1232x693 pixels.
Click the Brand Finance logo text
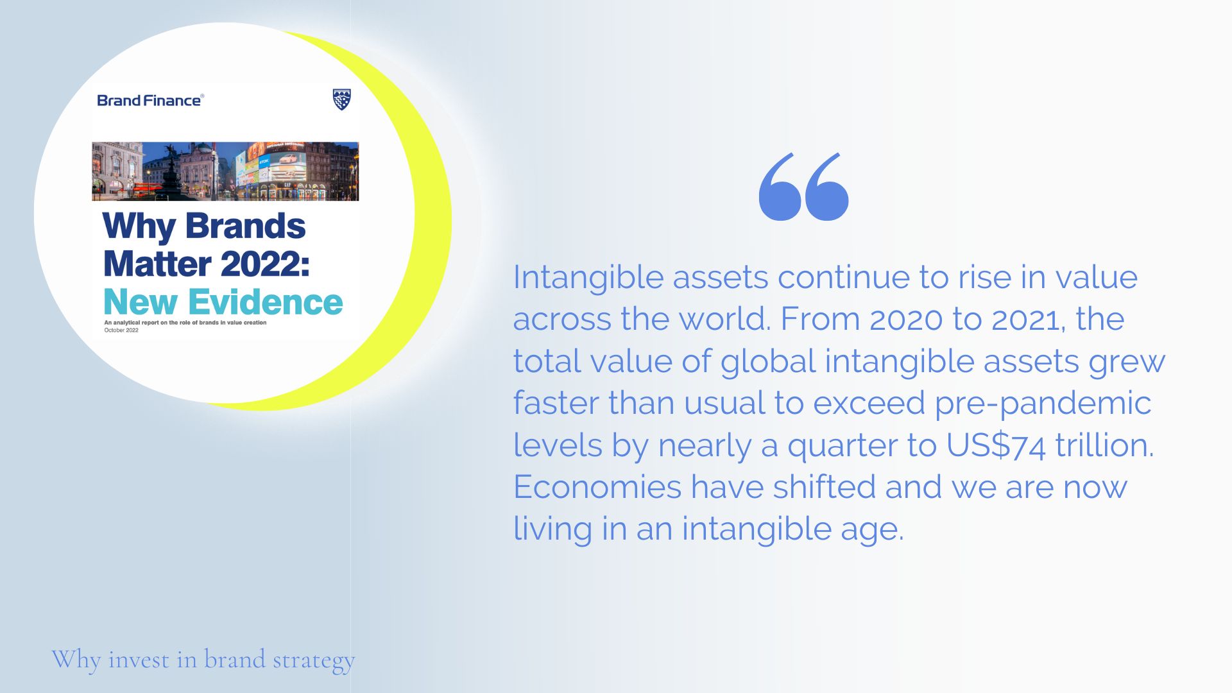pos(150,100)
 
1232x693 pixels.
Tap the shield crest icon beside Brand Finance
pos(342,99)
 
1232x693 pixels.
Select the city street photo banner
pos(225,171)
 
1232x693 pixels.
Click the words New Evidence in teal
pos(223,302)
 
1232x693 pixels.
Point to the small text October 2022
pos(121,330)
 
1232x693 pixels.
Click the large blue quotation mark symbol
pos(803,187)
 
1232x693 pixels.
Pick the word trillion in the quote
pos(1104,445)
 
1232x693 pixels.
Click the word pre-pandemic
pos(1043,404)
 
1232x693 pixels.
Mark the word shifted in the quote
pos(824,486)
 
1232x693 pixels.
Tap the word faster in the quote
pos(556,403)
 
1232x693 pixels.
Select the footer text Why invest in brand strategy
pos(203,660)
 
